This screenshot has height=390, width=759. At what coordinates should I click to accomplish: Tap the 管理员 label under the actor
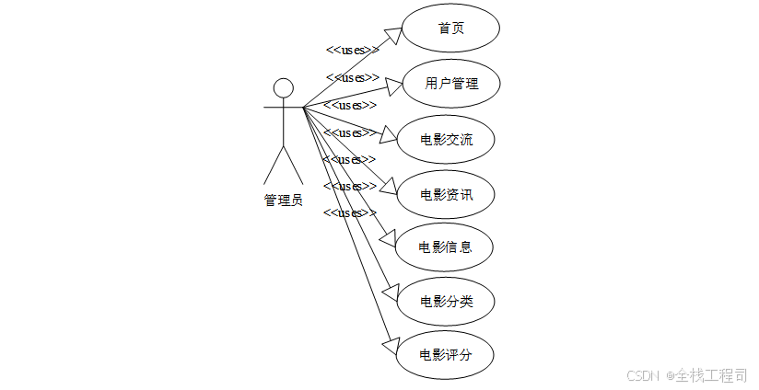[283, 201]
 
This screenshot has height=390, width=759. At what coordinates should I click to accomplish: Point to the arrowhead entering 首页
[393, 35]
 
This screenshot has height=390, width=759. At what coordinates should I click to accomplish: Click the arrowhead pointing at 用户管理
[394, 86]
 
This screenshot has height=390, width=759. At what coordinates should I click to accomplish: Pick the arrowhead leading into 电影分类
[391, 291]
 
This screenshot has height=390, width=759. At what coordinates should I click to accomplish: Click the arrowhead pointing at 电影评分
[391, 346]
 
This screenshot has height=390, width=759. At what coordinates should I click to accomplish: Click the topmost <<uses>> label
[353, 50]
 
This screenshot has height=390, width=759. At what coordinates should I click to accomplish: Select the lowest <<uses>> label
[349, 212]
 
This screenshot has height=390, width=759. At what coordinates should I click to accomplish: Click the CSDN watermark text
[643, 375]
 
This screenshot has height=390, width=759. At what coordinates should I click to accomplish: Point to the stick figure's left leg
[274, 165]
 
